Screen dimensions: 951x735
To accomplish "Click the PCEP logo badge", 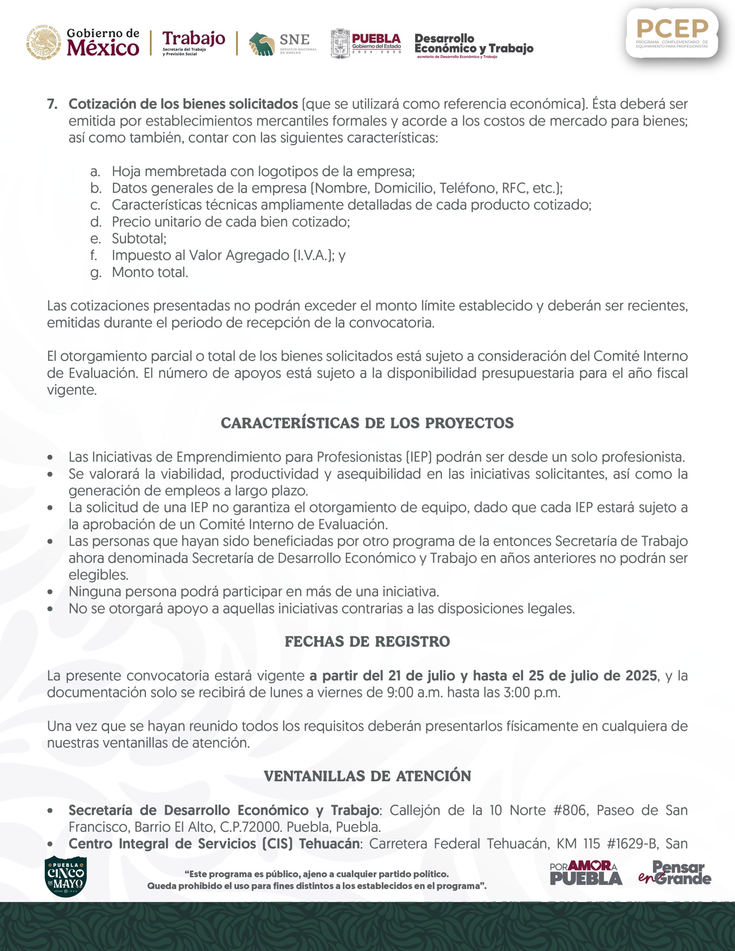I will click(672, 33).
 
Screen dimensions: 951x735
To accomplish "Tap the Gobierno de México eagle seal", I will click(43, 42).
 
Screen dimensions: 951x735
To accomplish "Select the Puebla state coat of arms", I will click(340, 43).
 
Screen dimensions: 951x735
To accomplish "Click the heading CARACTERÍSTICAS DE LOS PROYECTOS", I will click(367, 423).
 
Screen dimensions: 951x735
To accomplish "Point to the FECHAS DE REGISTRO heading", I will click(367, 642).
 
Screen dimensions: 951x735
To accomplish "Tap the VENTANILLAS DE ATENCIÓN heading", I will click(367, 776).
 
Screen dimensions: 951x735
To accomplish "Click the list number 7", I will click(52, 104).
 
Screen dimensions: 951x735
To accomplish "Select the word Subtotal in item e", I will click(139, 238).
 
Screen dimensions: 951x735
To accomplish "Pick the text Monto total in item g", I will click(150, 273).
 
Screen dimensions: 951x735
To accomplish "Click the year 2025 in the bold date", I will click(641, 676).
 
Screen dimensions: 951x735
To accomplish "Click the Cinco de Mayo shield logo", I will click(65, 874).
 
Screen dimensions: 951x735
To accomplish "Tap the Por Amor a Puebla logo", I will click(586, 873).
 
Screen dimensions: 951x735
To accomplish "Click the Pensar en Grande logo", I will click(675, 873).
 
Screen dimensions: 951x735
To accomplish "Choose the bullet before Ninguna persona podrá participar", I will click(51, 592).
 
